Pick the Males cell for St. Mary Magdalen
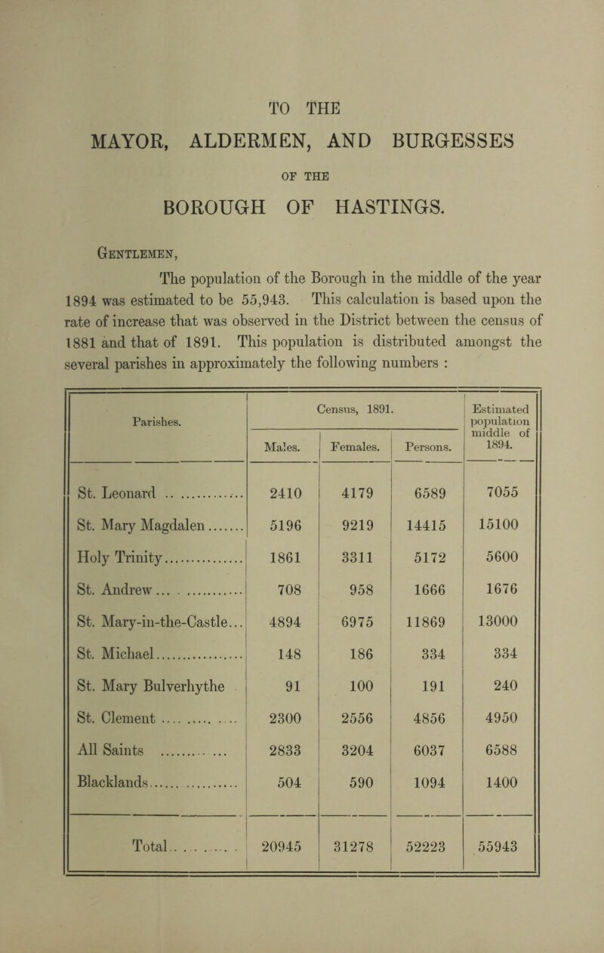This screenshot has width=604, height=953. pyautogui.click(x=286, y=552)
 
